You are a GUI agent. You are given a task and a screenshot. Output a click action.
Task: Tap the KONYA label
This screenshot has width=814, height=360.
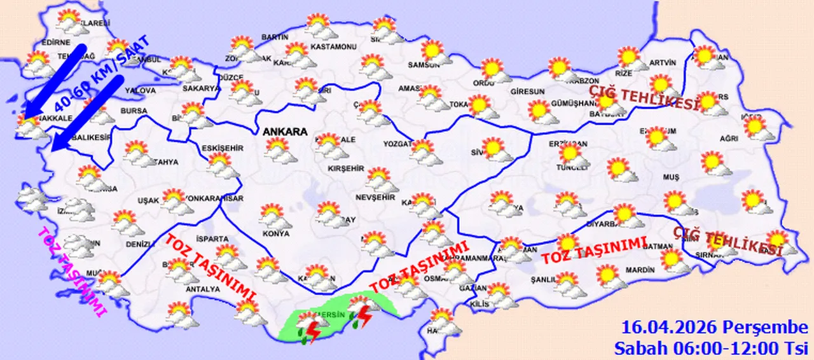(275, 233)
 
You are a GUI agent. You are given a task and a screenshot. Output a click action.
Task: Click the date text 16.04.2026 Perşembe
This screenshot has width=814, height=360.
(715, 328)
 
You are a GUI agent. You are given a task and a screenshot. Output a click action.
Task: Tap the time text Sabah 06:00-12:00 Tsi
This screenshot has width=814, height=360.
(710, 348)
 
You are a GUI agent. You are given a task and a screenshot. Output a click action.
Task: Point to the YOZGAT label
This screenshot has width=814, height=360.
(398, 144)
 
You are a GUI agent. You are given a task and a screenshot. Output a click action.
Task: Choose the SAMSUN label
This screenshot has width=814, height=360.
(424, 64)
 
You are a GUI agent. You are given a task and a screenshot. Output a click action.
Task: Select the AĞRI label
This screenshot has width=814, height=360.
(729, 138)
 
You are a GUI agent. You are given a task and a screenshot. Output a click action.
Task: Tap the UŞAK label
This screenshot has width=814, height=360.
(148, 201)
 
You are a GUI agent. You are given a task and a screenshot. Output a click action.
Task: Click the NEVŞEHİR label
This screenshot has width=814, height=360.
(375, 198)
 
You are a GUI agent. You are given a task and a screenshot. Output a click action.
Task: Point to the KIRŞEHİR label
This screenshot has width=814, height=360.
(345, 169)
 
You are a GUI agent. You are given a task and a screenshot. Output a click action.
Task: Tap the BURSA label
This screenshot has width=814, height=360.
(134, 111)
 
